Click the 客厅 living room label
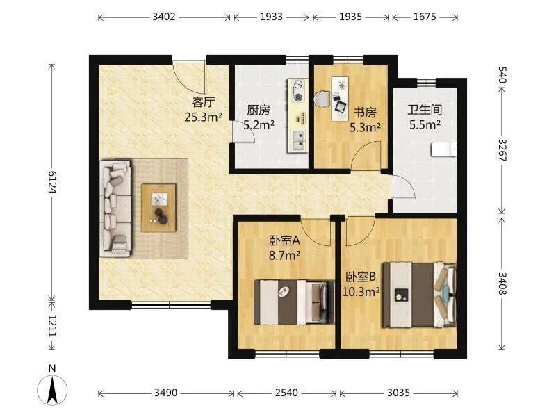coord(203,102)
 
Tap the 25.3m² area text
coord(203,117)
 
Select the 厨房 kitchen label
coord(259,111)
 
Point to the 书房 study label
coord(365,113)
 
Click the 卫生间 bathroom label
coord(425,110)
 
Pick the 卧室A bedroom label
coord(285,240)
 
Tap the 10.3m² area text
coord(361,291)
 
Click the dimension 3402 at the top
coord(164,17)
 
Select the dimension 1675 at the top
coord(425,17)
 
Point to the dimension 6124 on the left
coord(52,182)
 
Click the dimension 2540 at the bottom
coord(286,393)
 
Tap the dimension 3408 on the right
coord(502,284)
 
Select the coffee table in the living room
coord(158,208)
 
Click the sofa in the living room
coord(115,208)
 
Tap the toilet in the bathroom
coord(444,149)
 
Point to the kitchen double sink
coord(298,140)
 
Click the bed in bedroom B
coord(420,295)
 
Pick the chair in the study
coord(322,99)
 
